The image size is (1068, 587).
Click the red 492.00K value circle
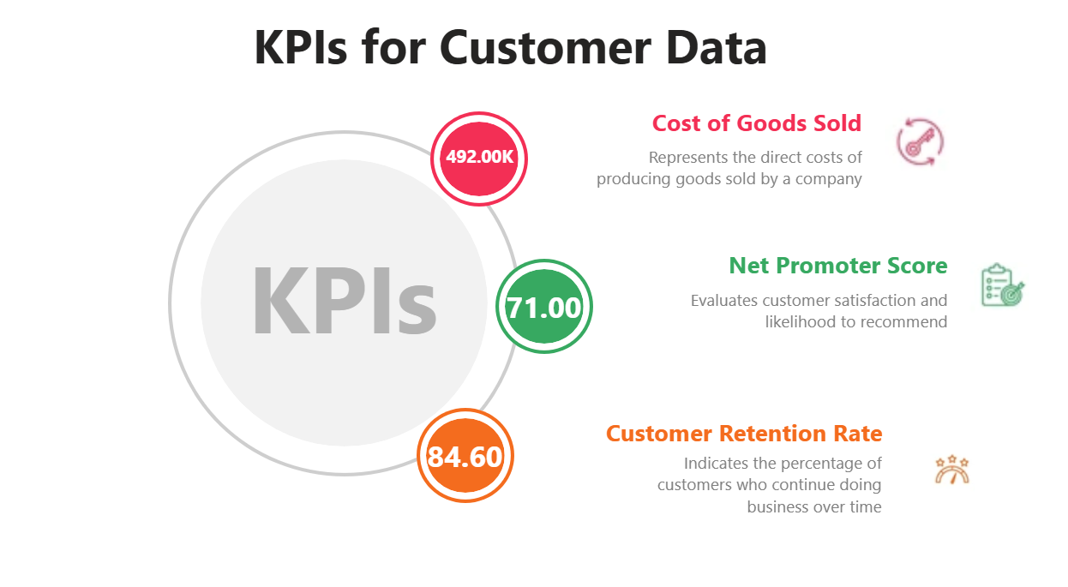[x=479, y=159]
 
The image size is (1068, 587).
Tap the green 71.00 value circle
[x=544, y=306]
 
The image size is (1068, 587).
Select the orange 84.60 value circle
[x=465, y=455]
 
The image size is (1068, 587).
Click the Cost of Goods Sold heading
[x=757, y=123]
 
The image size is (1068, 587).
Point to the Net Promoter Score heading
[x=837, y=266]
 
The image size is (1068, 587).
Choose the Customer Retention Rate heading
[x=744, y=434]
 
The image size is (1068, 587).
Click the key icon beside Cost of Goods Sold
[x=921, y=142]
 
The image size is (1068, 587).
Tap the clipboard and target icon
[x=1003, y=285]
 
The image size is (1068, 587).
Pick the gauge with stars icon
[x=952, y=470]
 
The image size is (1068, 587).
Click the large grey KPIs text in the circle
[x=345, y=302]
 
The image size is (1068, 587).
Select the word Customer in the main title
[x=545, y=48]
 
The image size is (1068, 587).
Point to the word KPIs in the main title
[x=301, y=48]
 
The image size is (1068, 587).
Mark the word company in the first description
[x=829, y=179]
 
